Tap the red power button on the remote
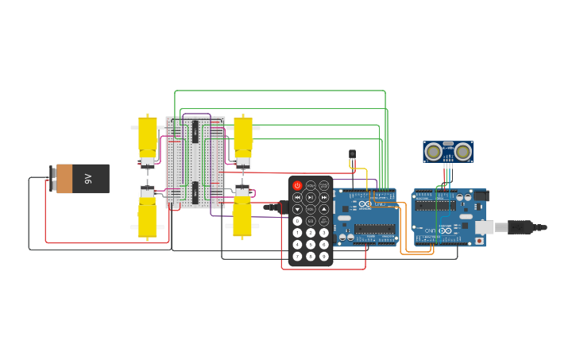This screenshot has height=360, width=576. [298, 185]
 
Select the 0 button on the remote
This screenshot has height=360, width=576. [298, 221]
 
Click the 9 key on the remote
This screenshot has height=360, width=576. [324, 256]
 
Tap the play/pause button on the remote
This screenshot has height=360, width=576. [311, 197]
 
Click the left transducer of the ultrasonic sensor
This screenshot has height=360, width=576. [434, 152]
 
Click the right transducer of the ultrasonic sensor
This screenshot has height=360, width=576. [462, 152]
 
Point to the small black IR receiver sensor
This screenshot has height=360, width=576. [353, 155]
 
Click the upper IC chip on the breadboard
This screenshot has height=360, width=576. [195, 132]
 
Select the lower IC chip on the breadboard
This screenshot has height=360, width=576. [195, 192]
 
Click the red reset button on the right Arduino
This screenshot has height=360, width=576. [479, 240]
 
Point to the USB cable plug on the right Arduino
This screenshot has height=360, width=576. [520, 227]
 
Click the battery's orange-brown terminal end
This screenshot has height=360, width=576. [64, 179]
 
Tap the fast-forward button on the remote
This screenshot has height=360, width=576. [324, 197]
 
